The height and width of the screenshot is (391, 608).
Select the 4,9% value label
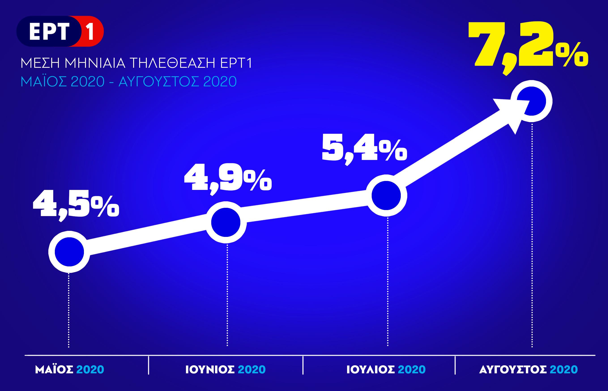[228, 178]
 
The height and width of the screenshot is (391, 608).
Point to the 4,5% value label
[76, 205]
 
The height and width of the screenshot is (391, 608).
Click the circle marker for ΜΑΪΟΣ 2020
[69, 252]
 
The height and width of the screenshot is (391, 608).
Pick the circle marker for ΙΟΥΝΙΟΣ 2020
[226, 222]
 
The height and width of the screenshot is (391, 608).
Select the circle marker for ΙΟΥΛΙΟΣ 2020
[386, 195]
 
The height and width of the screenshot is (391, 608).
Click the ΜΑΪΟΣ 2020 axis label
[69, 370]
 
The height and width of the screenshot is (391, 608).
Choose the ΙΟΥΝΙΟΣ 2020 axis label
[225, 370]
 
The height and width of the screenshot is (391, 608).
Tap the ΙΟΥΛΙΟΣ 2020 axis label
[386, 370]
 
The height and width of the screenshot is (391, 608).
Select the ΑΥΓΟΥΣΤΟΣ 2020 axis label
[528, 370]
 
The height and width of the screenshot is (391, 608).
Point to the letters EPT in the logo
[49, 31]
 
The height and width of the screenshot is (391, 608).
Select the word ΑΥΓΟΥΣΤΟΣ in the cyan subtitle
[159, 81]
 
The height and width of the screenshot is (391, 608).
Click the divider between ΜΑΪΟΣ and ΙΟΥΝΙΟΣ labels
[149, 365]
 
